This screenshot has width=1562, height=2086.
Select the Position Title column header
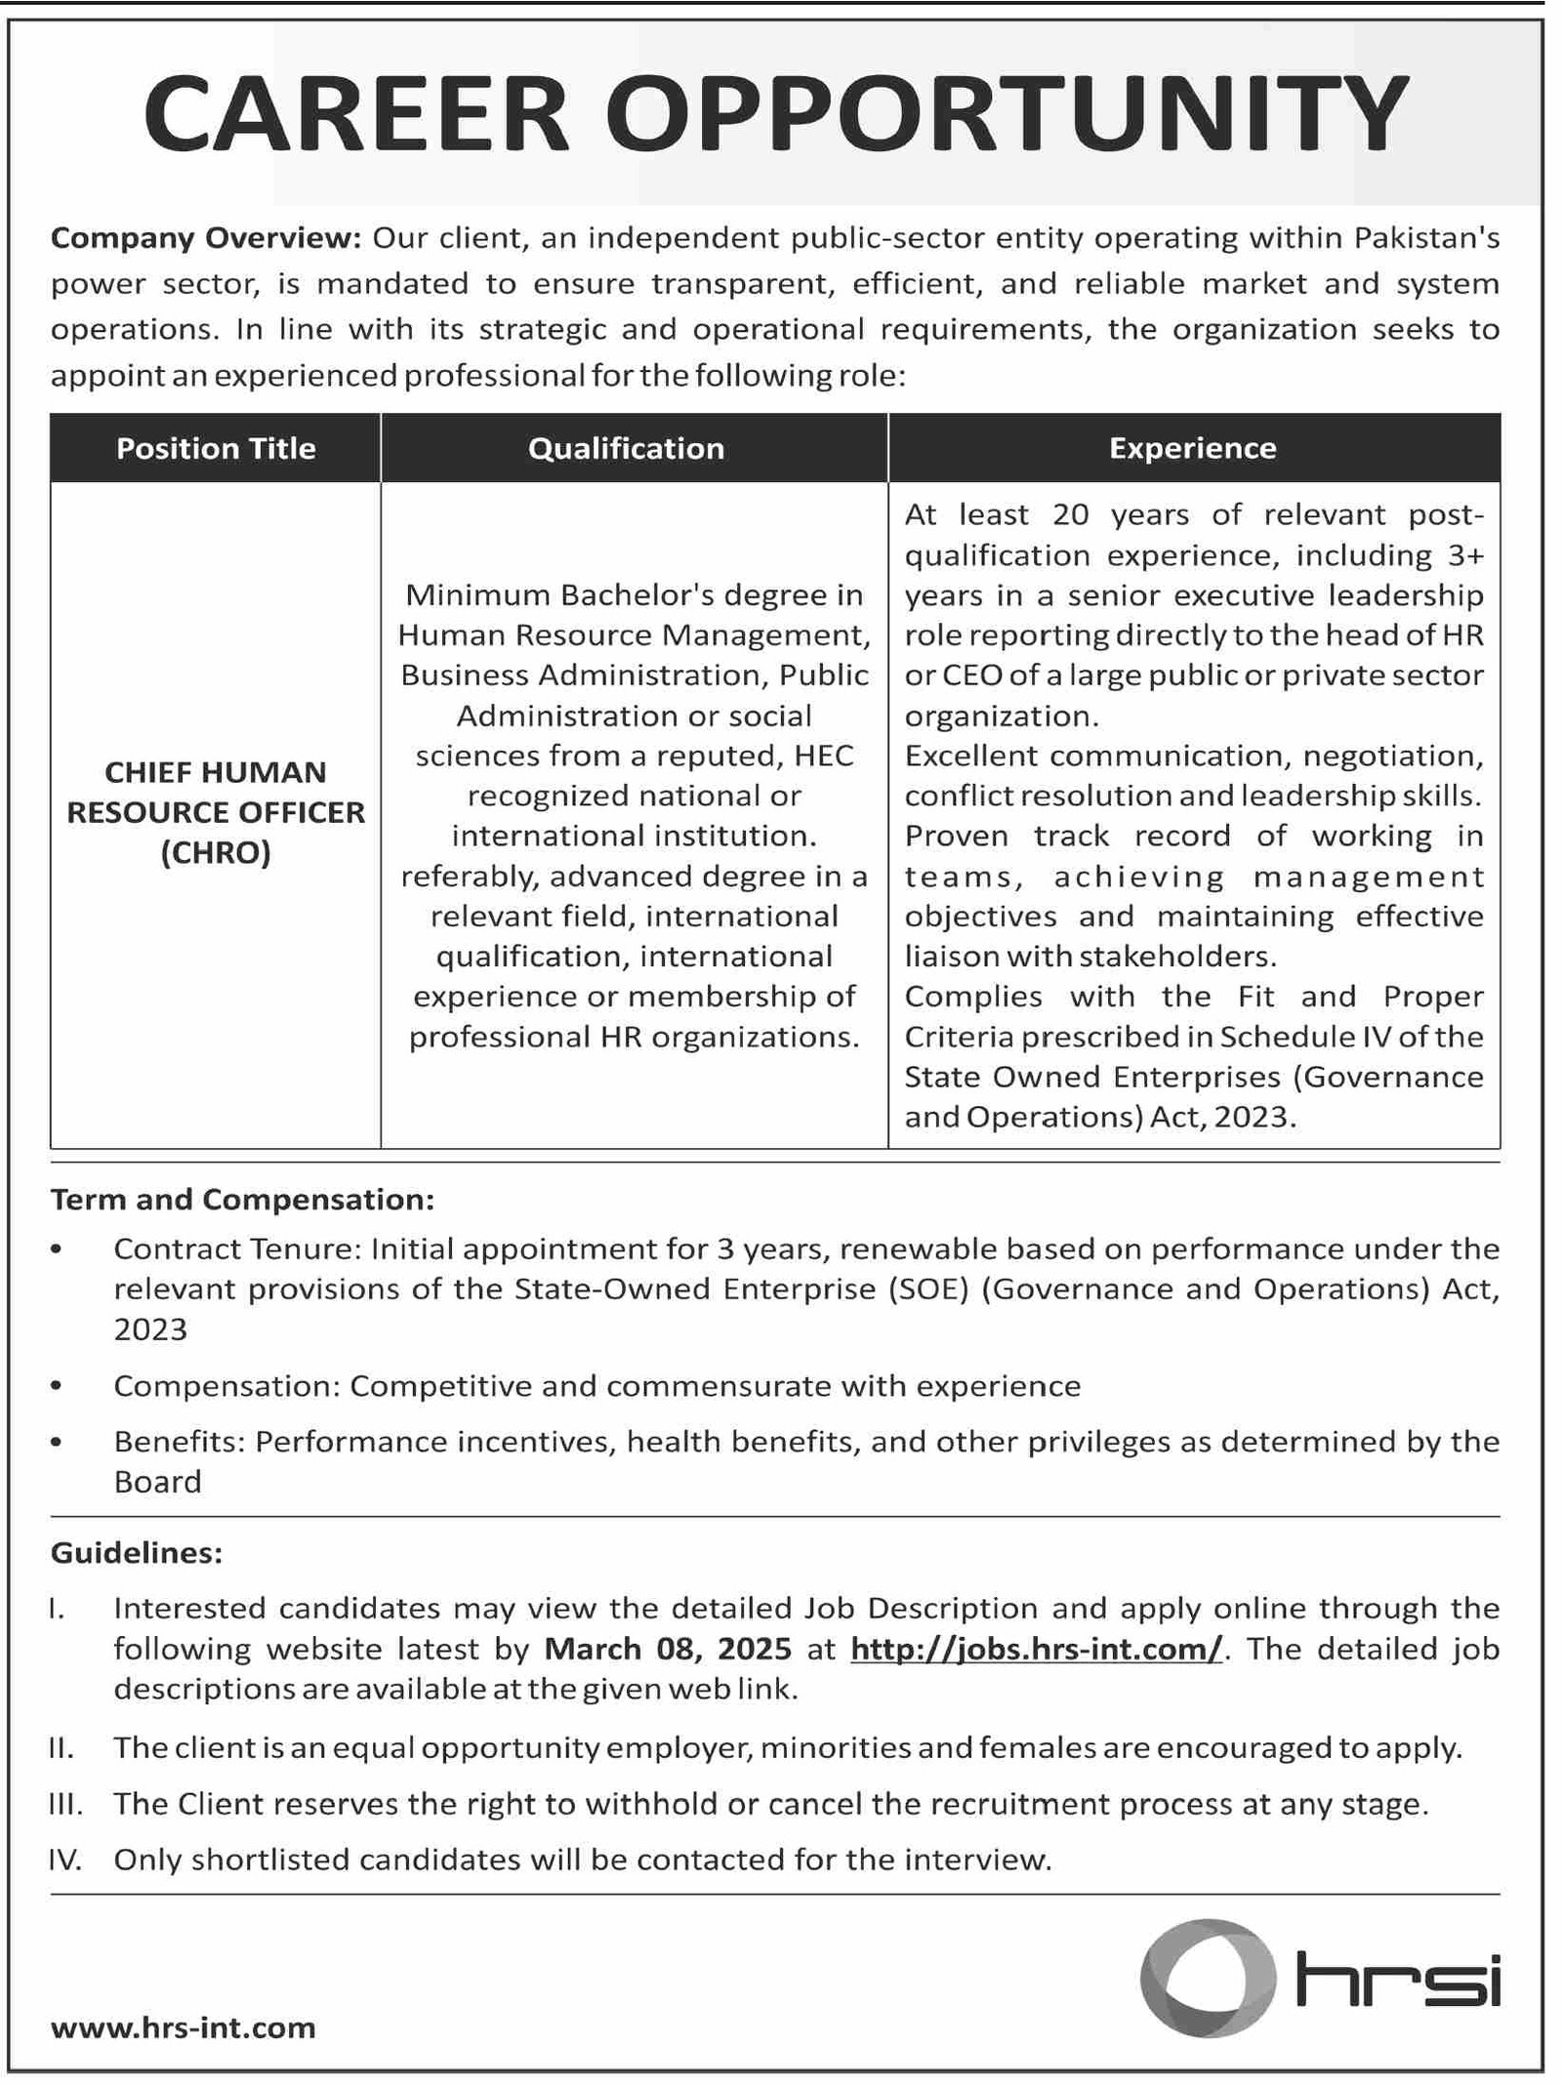[216, 448]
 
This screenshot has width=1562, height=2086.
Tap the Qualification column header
[626, 448]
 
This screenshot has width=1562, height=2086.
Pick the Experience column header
[1192, 448]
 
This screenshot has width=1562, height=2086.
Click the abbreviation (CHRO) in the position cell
[216, 853]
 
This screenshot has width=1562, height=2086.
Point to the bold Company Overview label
[206, 237]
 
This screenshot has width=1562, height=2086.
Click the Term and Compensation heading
[242, 1199]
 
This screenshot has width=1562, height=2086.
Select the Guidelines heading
[137, 1552]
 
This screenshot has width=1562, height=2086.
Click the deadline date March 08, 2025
[668, 1649]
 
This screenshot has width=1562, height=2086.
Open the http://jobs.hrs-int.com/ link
[1036, 1649]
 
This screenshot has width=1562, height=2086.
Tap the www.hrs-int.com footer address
[183, 2028]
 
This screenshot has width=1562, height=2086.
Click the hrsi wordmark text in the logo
[1397, 1981]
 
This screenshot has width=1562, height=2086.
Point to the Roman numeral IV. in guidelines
[64, 1860]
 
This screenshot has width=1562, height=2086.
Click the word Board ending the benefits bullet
[157, 1482]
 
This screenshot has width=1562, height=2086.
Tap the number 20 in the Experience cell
[1070, 514]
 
